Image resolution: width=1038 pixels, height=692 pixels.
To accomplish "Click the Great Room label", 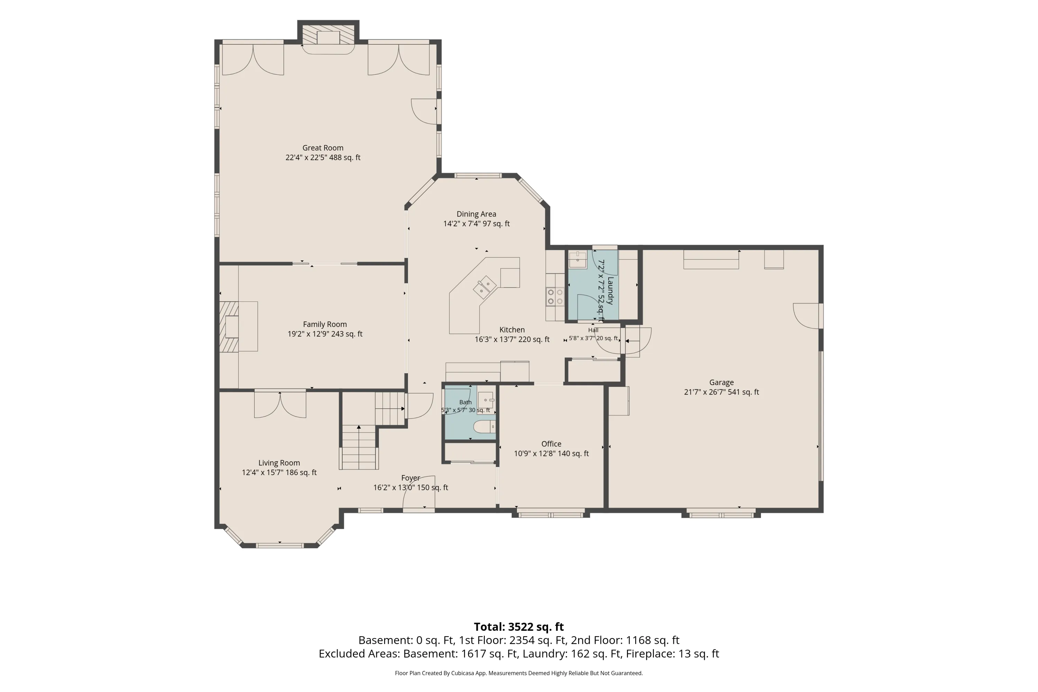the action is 322,148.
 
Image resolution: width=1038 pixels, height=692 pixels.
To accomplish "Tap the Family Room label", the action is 325,325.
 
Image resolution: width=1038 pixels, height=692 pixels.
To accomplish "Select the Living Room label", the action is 279,463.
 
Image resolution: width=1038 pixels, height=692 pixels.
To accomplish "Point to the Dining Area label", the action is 476,214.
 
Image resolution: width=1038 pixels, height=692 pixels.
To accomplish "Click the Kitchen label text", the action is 512,330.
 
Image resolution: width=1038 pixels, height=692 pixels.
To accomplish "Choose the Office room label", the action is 551,444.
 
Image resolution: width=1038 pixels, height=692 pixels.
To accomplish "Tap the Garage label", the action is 721,383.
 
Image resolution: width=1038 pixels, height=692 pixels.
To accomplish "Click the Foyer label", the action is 410,478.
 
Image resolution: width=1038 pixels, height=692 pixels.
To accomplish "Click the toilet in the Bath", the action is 484,427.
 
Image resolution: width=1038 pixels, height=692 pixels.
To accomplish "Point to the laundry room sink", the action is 577,259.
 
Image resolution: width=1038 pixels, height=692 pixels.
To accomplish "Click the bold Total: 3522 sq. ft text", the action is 519,627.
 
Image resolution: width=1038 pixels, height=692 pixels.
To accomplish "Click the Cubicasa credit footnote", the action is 519,673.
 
